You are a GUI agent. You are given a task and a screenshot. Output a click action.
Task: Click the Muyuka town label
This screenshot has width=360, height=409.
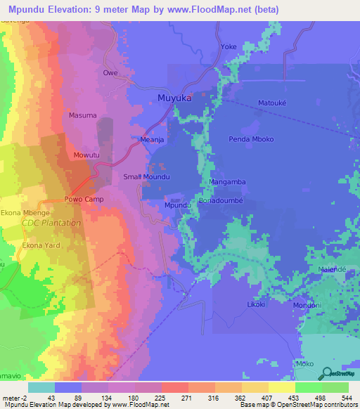(x=174, y=98)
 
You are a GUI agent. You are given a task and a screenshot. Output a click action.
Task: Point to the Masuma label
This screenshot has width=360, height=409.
(x=82, y=115)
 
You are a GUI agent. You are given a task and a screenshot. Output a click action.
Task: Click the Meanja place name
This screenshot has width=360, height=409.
(x=152, y=141)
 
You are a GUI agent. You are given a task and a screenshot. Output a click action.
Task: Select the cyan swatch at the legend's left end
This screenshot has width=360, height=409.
(x=41, y=387)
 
